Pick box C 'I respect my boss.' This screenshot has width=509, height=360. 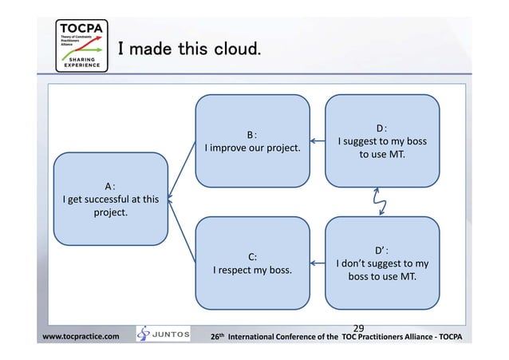(252, 263)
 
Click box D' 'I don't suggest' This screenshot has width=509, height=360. (382, 263)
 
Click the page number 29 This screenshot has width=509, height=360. (358, 327)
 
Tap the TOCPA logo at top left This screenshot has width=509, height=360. (80, 42)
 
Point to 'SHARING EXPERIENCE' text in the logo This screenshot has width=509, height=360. (80, 62)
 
